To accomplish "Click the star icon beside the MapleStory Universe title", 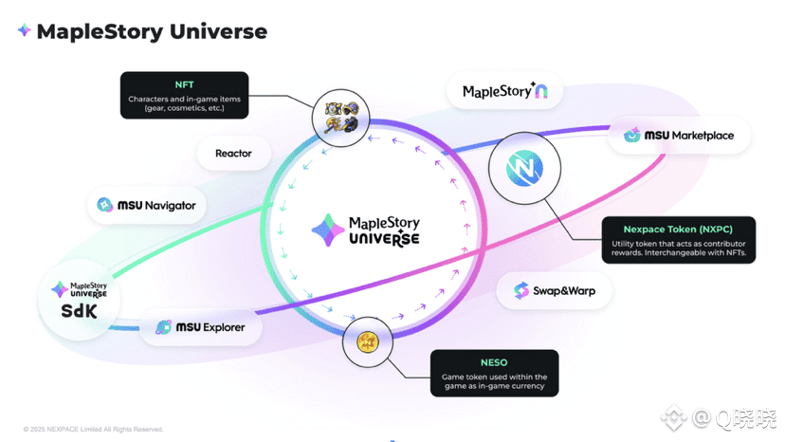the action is coord(24,30).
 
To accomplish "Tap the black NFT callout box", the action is coord(184,95).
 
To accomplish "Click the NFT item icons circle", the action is coord(341,118).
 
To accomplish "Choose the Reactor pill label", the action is coord(234,154).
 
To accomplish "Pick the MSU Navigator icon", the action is coord(104,205).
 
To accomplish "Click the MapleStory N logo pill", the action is coord(504,91).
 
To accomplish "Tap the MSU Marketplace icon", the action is coord(631,135).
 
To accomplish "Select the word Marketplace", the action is coord(703,136).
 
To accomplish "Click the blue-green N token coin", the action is coord(524,168).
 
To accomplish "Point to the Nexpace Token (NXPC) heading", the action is coord(678,229).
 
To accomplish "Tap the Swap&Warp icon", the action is coord(521,290).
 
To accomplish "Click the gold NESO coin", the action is coord(368,342).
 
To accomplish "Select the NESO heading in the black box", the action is coord(494,362).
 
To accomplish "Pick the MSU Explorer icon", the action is coord(164,327).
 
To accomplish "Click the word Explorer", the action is coord(224,327).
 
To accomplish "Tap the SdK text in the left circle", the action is coord(79,311).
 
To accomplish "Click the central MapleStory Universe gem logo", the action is coord(328,230).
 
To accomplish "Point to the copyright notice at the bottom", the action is coord(93,429).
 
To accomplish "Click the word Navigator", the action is coord(171,206).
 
